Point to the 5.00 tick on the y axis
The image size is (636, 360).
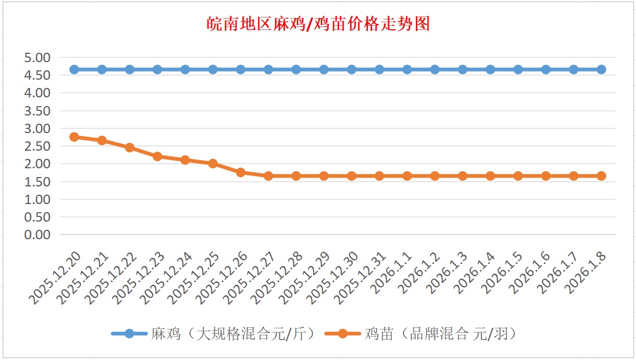[38, 57]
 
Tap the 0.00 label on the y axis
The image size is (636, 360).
[38, 235]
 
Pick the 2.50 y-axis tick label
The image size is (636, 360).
[38, 146]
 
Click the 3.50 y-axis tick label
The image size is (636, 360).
[38, 110]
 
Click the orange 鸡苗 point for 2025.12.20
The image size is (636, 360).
[74, 137]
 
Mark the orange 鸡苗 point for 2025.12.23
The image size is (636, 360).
[157, 156]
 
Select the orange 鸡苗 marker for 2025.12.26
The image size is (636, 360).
[241, 172]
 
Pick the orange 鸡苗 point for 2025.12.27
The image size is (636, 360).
[268, 176]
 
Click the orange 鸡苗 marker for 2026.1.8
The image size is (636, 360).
[601, 176]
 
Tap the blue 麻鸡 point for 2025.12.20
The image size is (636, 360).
[74, 69]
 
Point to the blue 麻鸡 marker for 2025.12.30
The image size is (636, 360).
[351, 69]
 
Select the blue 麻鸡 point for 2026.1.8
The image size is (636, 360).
[601, 69]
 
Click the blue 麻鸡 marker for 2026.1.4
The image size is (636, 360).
[490, 69]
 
